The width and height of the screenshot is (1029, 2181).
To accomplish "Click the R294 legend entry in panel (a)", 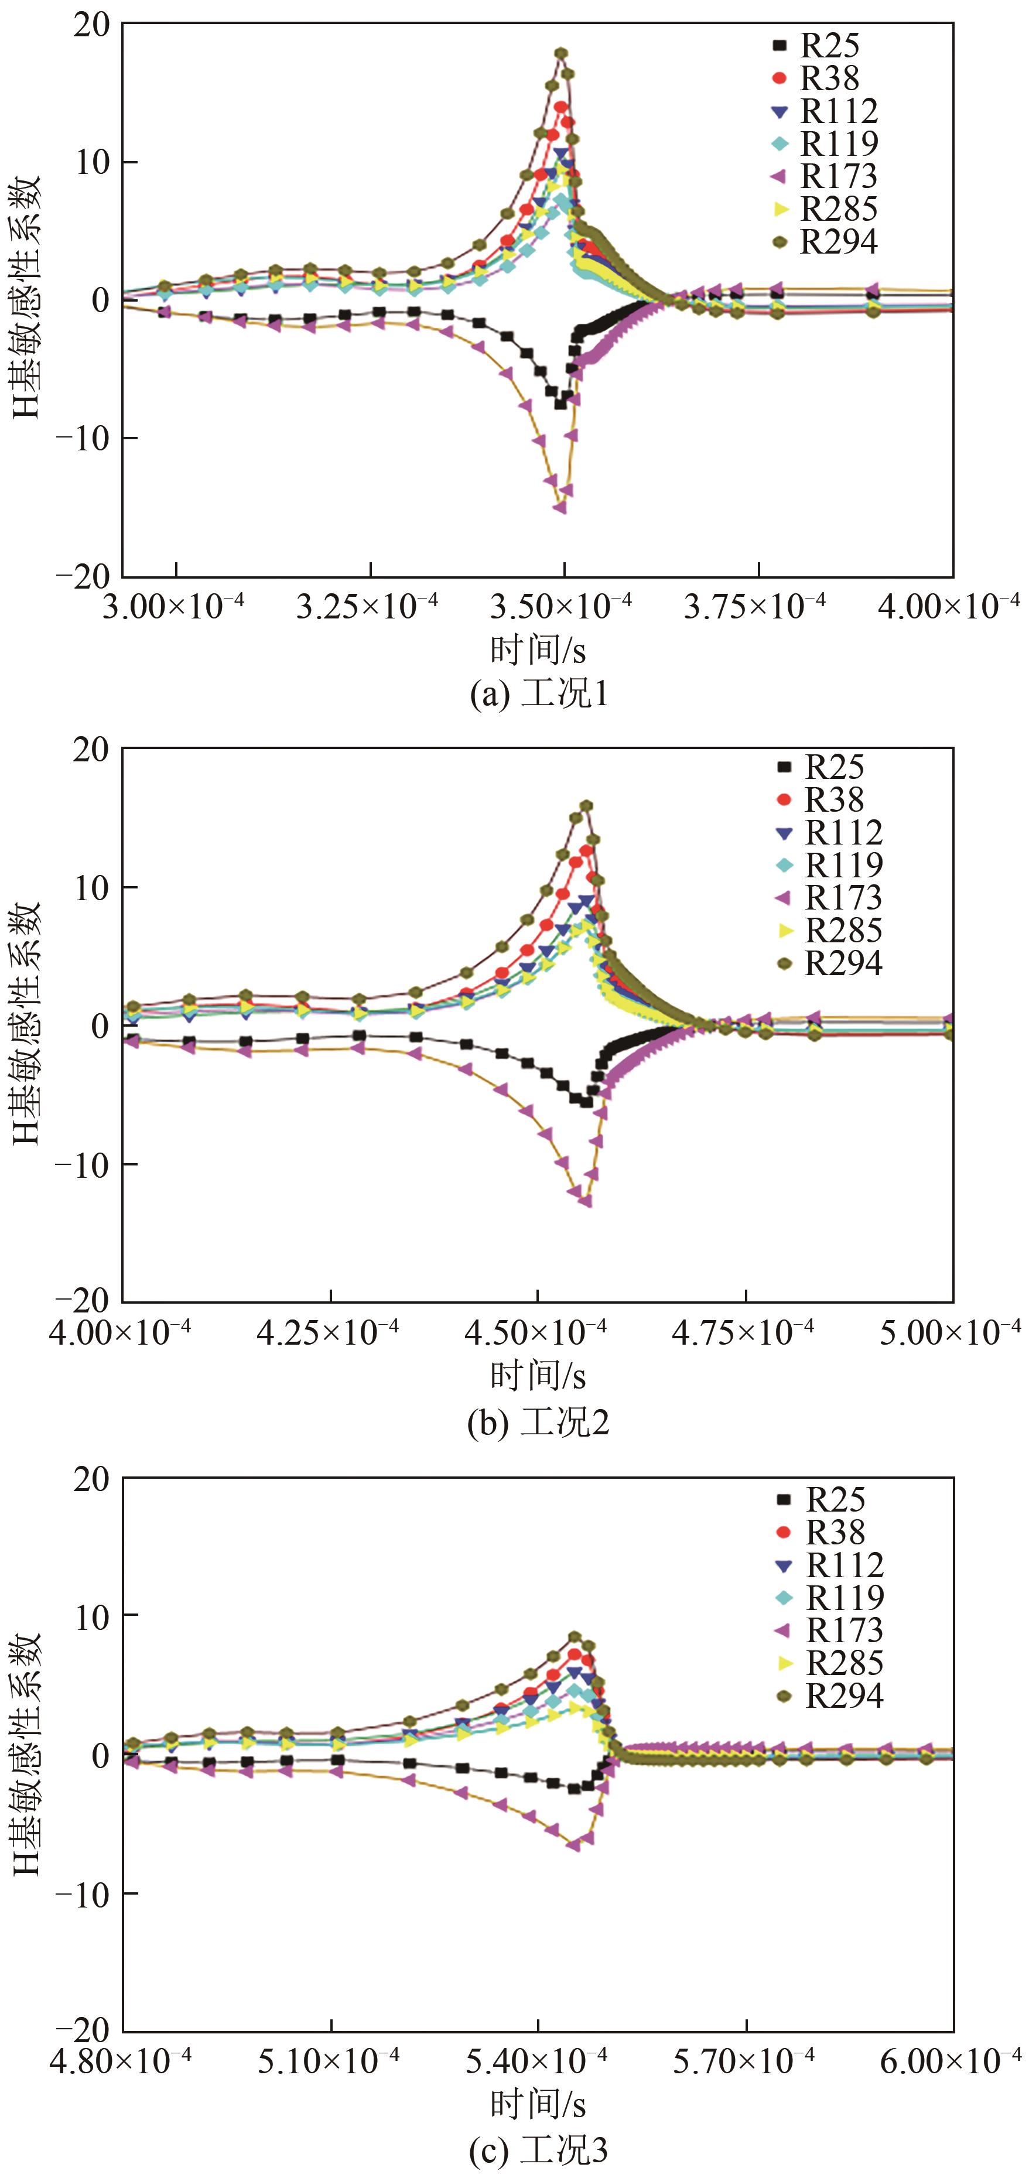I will pyautogui.click(x=826, y=242).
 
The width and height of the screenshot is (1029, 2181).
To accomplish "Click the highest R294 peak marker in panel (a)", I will pyautogui.click(x=560, y=53).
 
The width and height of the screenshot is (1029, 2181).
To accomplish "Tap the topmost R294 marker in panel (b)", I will pyautogui.click(x=585, y=806).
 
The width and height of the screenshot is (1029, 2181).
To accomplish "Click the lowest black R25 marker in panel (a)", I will pyautogui.click(x=560, y=404).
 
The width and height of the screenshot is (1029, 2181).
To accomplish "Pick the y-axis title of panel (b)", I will pyautogui.click(x=26, y=1024).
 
